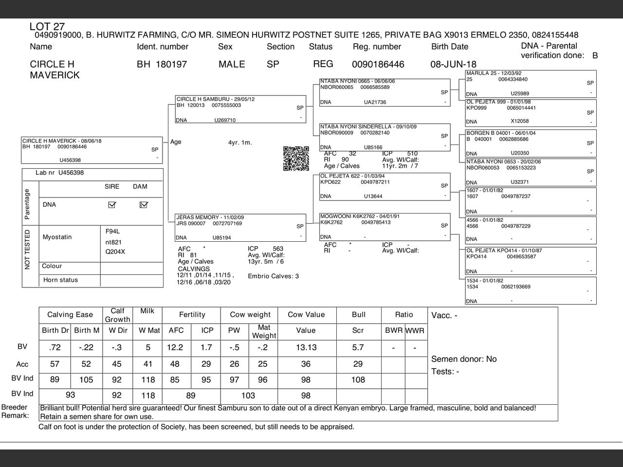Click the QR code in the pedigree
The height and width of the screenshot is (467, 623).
[x=296, y=159]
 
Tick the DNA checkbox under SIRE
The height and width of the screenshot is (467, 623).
[x=112, y=205]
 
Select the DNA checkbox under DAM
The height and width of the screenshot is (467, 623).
[x=143, y=205]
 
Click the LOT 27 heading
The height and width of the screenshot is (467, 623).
[x=47, y=27]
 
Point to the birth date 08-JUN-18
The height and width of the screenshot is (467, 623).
[x=453, y=64]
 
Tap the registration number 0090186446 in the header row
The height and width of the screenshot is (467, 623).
[x=378, y=64]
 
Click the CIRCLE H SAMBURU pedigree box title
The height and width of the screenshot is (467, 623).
[x=215, y=99]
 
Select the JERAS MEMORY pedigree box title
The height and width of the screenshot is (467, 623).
[x=210, y=217]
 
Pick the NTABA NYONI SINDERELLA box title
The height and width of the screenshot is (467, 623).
[x=368, y=126]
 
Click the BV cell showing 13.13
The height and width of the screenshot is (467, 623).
[x=306, y=347]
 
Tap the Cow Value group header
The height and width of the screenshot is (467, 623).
[x=306, y=315]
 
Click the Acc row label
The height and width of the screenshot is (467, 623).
[x=22, y=364]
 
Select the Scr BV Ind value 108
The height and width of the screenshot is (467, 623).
[x=358, y=380]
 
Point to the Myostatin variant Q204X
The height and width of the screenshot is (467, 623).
[x=115, y=251]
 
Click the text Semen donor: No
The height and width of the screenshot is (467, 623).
[x=464, y=359]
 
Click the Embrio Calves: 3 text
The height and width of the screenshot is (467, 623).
[x=273, y=276]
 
